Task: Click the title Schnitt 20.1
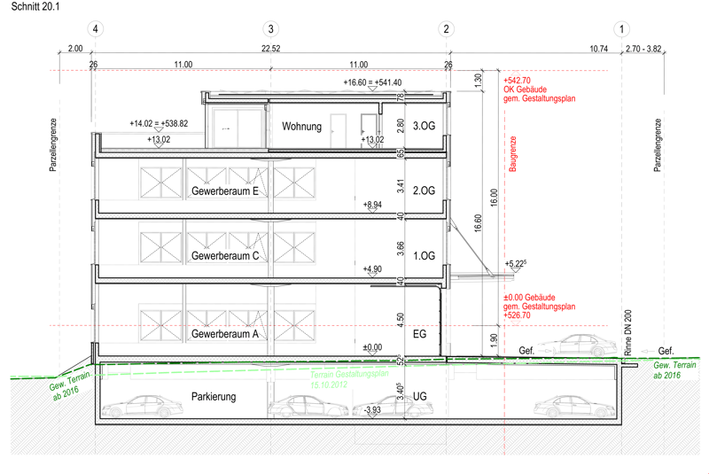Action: click(35, 7)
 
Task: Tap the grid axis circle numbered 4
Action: click(96, 29)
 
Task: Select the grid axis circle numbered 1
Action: click(622, 29)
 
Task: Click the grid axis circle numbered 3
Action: click(271, 29)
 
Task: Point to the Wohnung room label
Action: click(301, 127)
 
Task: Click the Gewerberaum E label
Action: click(225, 191)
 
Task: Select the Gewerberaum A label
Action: click(225, 334)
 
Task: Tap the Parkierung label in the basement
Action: click(214, 397)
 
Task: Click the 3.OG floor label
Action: click(425, 126)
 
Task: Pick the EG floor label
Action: click(419, 334)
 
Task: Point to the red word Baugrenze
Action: click(513, 153)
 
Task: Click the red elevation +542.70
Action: click(517, 81)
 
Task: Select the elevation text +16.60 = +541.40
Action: click(372, 82)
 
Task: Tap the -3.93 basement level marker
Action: click(372, 410)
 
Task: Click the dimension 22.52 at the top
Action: click(271, 49)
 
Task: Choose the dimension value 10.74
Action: click(599, 49)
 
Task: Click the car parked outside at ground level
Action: click(577, 346)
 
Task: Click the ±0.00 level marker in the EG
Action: click(372, 347)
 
